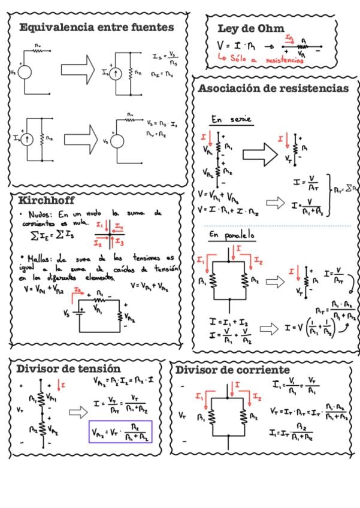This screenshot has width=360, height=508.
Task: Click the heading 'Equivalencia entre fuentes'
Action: point(96,28)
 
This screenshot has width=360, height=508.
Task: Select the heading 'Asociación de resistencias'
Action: point(273,89)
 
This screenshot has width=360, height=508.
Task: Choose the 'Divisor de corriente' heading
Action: point(232,370)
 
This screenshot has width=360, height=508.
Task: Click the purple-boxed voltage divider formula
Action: point(120,431)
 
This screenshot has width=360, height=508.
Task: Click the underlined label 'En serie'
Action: point(232,120)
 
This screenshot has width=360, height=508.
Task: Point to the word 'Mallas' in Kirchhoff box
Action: point(38,259)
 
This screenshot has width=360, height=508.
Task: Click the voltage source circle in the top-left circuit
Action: point(25,72)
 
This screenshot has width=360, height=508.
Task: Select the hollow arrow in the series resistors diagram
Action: point(258,154)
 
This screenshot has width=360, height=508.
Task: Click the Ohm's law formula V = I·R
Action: point(235,45)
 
